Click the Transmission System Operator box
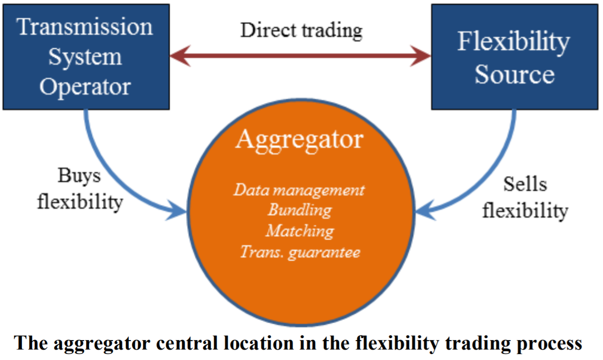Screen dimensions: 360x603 [86, 57]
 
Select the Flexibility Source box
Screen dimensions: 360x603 [515, 57]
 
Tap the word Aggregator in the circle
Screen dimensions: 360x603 [299, 140]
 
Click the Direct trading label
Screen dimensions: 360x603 [301, 30]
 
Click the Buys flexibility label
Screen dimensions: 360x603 [80, 189]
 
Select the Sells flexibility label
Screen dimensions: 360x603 [525, 197]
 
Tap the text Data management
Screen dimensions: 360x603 [299, 190]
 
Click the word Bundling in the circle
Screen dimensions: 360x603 [299, 210]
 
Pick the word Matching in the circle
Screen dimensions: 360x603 [299, 231]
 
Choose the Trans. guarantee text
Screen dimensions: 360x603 [300, 252]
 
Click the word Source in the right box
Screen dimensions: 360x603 [514, 75]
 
